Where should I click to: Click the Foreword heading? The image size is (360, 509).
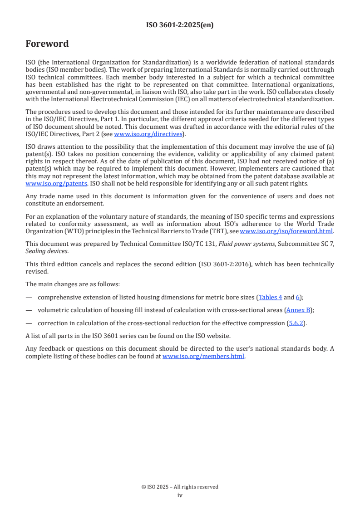(x=47, y=44)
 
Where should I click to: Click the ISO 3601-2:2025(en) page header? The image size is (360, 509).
(x=180, y=25)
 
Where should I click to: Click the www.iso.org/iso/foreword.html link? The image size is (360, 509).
(x=286, y=231)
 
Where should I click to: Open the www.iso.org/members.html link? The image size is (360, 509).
(x=203, y=357)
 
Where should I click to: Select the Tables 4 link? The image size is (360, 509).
(x=271, y=297)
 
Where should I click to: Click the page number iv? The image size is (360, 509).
(x=180, y=495)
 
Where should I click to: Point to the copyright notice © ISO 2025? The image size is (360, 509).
(x=180, y=487)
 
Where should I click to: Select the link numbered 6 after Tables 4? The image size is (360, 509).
(x=298, y=297)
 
